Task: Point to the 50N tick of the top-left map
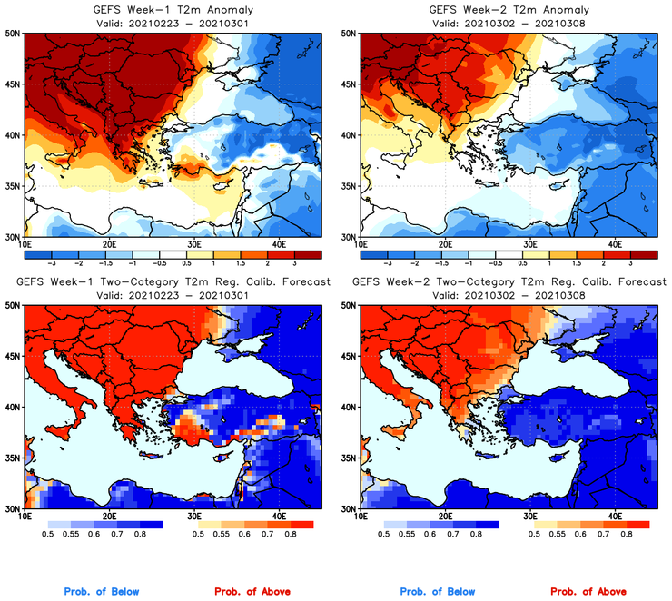click(x=12, y=33)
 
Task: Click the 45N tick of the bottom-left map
click(x=12, y=358)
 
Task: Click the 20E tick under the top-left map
click(x=109, y=244)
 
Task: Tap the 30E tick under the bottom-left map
click(x=194, y=517)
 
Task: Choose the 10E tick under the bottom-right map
click(x=361, y=517)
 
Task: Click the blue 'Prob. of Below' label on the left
click(x=101, y=592)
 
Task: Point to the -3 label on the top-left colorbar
click(x=54, y=260)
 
